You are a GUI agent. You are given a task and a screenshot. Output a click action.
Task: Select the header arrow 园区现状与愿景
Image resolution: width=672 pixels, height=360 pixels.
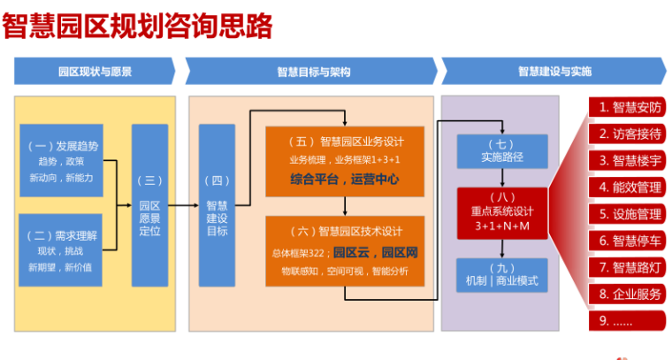pyautogui.click(x=95, y=72)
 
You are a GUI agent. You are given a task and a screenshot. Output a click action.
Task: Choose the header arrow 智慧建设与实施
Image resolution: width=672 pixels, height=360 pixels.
pyautogui.click(x=554, y=72)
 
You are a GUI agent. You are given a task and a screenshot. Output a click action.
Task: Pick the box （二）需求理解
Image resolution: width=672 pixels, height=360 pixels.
pyautogui.click(x=63, y=250)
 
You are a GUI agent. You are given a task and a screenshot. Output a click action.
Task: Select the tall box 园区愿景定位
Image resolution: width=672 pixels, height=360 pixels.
pyautogui.click(x=149, y=205)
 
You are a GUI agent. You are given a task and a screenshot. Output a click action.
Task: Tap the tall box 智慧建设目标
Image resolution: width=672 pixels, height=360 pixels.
pyautogui.click(x=217, y=205)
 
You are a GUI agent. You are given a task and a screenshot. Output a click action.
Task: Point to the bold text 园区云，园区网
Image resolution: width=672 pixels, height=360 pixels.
pyautogui.click(x=370, y=253)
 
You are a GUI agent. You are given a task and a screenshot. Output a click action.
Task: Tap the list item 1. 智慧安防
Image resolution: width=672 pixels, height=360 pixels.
pyautogui.click(x=629, y=108)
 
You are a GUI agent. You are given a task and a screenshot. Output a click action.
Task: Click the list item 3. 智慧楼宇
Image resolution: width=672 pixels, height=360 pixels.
pyautogui.click(x=629, y=161)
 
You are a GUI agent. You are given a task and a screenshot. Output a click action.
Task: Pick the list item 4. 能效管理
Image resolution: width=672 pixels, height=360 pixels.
pyautogui.click(x=629, y=188)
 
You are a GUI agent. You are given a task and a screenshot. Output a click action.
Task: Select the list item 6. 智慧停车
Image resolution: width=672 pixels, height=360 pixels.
pyautogui.click(x=629, y=241)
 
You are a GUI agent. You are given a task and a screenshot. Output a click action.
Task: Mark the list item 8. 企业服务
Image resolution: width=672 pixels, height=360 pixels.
pyautogui.click(x=629, y=294)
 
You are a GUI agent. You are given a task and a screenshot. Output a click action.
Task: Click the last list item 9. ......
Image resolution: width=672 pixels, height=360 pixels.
pyautogui.click(x=629, y=320)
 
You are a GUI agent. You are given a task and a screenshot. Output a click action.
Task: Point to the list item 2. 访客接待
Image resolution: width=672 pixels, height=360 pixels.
pyautogui.click(x=629, y=134)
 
